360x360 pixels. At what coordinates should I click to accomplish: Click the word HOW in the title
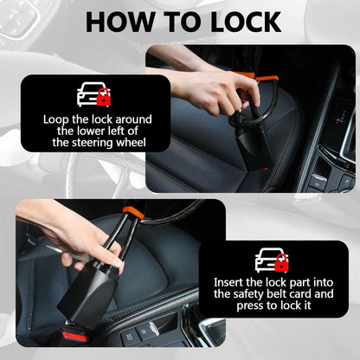121,22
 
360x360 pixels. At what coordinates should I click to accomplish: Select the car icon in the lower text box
271,259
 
